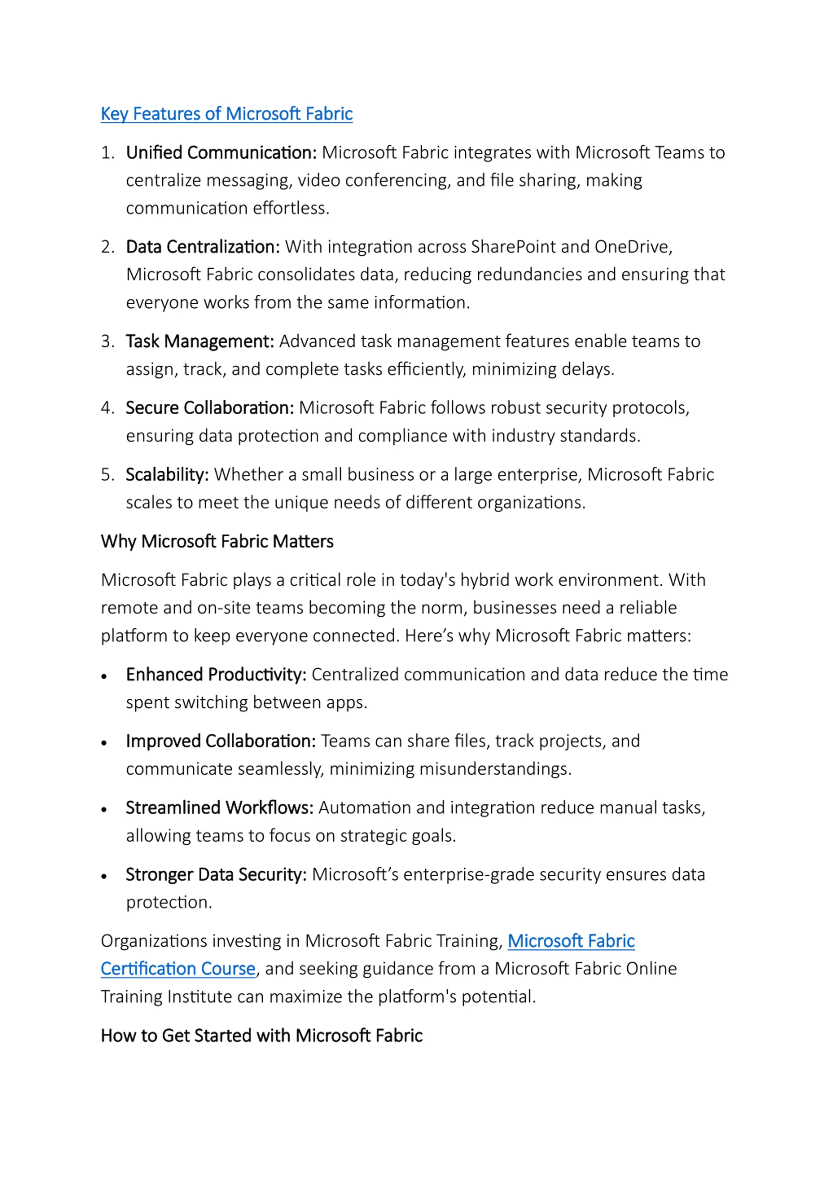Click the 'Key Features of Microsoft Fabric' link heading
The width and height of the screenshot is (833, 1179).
226,114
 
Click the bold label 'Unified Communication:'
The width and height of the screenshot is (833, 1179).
221,152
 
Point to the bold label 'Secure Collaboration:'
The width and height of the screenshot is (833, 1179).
210,408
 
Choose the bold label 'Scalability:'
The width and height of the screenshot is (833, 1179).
167,474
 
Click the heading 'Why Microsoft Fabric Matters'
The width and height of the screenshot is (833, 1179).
217,541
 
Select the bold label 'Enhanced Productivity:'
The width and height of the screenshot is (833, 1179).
215,674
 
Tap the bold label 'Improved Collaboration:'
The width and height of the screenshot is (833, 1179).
221,741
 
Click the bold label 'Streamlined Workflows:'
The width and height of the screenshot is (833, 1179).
219,808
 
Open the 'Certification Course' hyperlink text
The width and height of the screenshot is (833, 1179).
178,968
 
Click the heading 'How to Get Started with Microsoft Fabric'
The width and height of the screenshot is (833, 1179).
261,1035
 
